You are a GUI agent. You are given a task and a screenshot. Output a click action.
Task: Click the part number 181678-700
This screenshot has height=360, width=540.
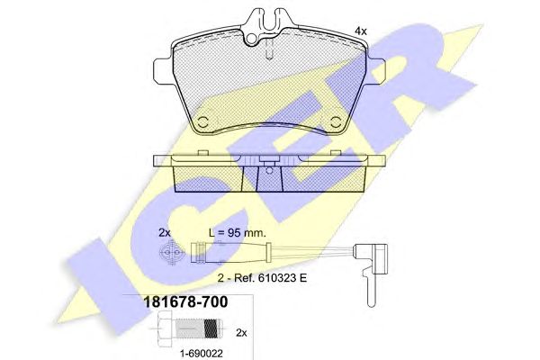185,302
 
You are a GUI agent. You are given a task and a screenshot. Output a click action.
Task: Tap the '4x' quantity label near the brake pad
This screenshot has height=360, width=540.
361,31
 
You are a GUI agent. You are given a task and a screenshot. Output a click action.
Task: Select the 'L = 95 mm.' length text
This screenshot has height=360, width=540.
238,233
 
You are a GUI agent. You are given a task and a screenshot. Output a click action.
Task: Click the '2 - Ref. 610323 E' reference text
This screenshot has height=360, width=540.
262,278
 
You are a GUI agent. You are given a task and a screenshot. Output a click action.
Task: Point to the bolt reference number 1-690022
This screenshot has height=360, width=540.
202,353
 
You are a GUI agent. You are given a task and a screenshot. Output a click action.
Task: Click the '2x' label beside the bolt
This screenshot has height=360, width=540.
241,333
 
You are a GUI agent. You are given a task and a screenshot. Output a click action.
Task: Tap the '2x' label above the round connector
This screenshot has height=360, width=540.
165,233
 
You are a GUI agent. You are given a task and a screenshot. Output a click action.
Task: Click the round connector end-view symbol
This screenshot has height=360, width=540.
171,253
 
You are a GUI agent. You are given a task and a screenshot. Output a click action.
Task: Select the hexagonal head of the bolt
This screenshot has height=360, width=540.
166,329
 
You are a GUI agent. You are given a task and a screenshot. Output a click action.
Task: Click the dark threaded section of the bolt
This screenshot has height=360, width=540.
211,329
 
